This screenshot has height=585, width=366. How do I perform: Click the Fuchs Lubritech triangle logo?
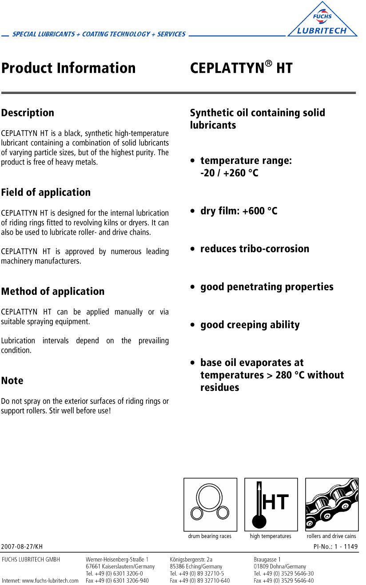pos(322,20)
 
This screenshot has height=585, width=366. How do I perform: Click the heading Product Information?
pos(68,68)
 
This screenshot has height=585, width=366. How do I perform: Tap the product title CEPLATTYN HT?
pos(241,68)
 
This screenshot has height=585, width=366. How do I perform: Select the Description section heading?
pos(28,113)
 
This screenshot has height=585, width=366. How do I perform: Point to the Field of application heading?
pos(46,192)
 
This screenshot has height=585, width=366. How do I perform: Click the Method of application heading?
pos(53,291)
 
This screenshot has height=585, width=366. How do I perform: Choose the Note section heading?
pos(12,381)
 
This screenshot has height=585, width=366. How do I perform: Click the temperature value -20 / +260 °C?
pos(229,173)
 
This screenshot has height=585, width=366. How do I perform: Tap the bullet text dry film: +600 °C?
pos(239,211)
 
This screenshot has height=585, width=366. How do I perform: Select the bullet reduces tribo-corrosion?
pos(255,249)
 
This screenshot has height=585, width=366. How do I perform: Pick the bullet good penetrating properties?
pos(267,287)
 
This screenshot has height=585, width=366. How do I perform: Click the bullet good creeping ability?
pos(250,325)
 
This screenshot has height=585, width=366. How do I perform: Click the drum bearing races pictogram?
pos(210,504)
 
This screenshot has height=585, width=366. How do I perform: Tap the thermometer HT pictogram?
pos(271,504)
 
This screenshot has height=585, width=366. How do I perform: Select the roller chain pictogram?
pos(332,504)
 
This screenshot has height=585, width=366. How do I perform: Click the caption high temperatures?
pos(271,536)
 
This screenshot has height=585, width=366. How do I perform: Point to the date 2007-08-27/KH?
pos(22,546)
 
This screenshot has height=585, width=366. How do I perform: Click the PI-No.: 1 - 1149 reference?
pos(335,546)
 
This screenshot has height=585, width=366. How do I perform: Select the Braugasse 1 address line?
pos(267,559)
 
